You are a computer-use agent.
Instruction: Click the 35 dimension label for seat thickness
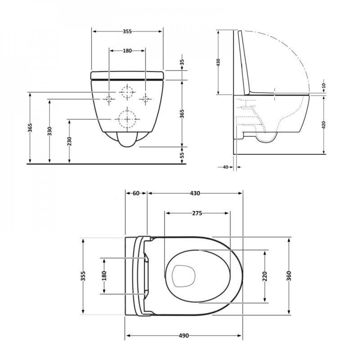tap(182, 64)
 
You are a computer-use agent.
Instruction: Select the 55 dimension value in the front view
tap(182, 155)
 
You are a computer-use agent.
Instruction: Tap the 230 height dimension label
tap(69, 141)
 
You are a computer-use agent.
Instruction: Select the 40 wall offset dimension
tap(226, 167)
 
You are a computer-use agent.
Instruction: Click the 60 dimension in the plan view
tap(136, 193)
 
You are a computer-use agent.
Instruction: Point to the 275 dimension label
tap(197, 213)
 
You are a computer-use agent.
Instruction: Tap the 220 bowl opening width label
tap(265, 276)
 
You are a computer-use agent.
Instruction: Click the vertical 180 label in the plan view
tap(104, 276)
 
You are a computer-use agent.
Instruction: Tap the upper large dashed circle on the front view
tap(127, 93)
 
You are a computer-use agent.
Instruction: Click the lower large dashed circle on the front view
tap(127, 118)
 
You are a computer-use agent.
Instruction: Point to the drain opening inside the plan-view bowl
tap(184, 276)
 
